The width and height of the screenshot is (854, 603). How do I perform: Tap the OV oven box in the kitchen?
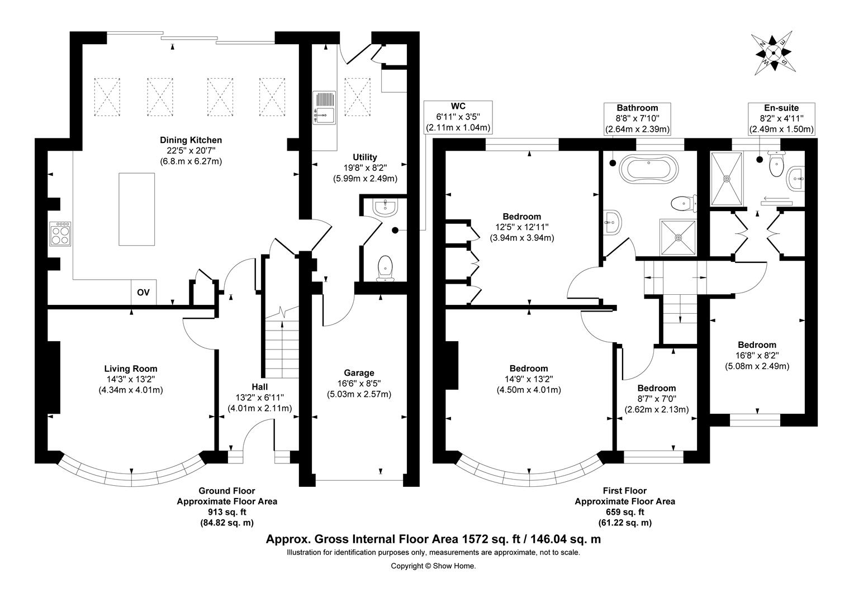[x=144, y=293]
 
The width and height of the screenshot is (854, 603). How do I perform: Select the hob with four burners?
[x=60, y=233]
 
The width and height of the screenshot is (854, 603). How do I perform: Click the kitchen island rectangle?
[x=136, y=209]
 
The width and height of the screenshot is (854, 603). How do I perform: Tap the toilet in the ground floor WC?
[x=385, y=267]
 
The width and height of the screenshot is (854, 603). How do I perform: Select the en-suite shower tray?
[x=727, y=179]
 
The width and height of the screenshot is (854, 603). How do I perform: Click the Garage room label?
[x=359, y=373]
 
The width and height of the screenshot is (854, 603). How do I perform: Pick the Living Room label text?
[x=131, y=368]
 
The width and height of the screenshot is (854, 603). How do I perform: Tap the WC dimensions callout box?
[x=458, y=117]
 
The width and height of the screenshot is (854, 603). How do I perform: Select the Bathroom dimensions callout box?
[x=637, y=118]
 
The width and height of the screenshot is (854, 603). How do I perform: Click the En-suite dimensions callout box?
[x=781, y=118]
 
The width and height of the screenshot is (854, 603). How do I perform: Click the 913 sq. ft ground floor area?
[x=227, y=512]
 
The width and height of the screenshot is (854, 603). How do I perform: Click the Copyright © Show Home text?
[x=433, y=566]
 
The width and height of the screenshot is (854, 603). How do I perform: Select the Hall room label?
[x=259, y=386]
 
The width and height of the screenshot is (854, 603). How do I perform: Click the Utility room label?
[x=365, y=157]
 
